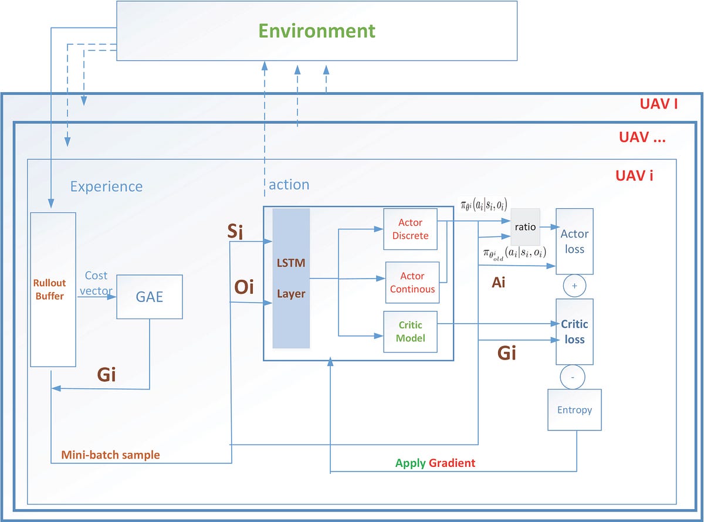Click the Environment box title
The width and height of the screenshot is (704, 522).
click(x=317, y=30)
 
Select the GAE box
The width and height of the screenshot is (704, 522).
click(x=149, y=297)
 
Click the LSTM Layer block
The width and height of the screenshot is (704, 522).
click(x=291, y=278)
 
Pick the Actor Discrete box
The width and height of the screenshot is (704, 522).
click(x=410, y=229)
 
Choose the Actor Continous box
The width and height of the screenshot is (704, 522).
click(x=412, y=282)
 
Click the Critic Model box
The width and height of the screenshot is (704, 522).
click(x=410, y=331)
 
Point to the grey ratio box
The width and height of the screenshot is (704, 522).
click(x=525, y=226)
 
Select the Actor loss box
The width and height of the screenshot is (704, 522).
click(x=574, y=241)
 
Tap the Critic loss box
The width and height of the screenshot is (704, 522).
click(x=574, y=331)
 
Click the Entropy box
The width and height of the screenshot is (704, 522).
click(x=574, y=409)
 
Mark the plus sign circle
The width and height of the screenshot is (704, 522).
click(x=574, y=286)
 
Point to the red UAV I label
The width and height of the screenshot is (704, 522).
click(x=658, y=104)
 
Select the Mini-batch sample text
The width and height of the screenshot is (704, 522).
click(x=110, y=455)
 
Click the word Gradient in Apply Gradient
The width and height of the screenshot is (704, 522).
click(x=452, y=463)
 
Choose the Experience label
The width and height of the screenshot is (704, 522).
click(x=106, y=187)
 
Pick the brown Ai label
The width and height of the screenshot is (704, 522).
click(x=498, y=283)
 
